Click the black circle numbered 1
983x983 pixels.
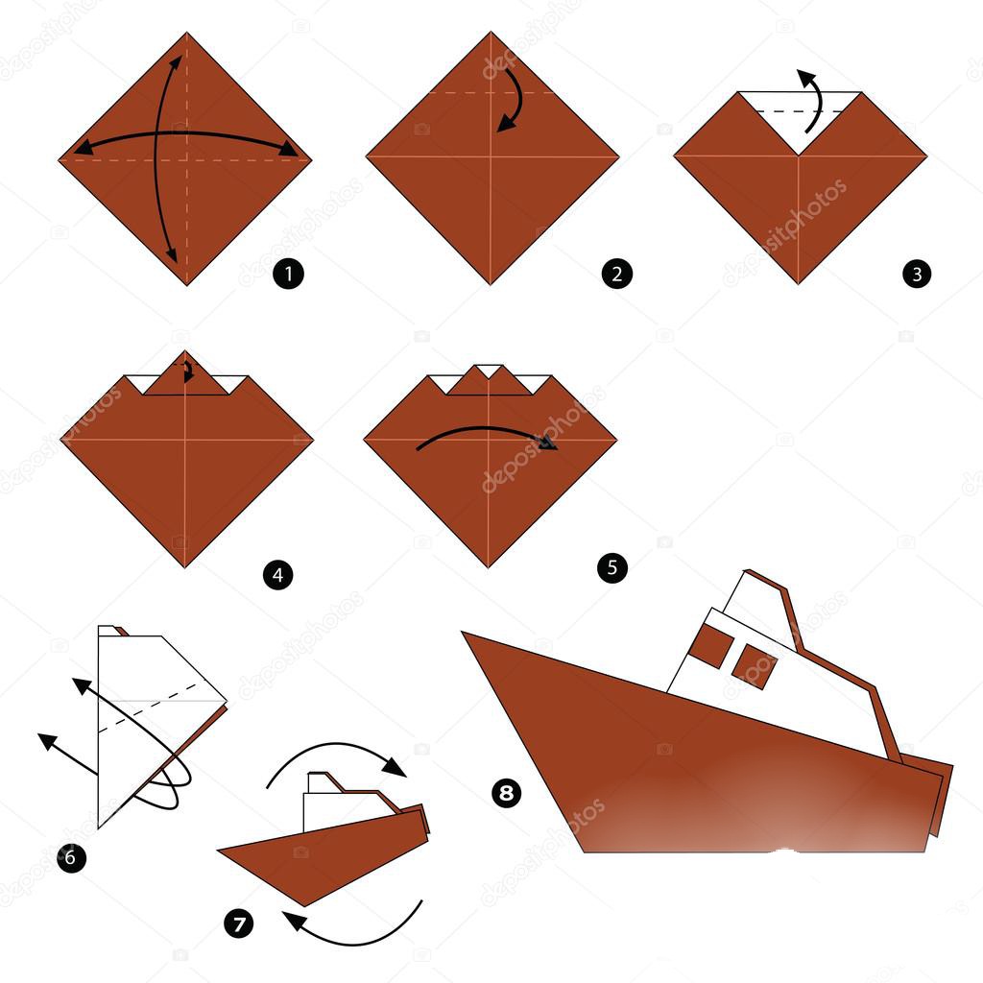pos(287,275)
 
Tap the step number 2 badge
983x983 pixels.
pos(616,275)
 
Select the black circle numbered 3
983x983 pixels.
pos(917,275)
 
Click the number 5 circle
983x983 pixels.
pos(611,568)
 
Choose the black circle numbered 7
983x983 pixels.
pos(238,923)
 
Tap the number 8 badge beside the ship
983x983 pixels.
pos(505,793)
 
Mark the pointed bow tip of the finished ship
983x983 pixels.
pos(465,634)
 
